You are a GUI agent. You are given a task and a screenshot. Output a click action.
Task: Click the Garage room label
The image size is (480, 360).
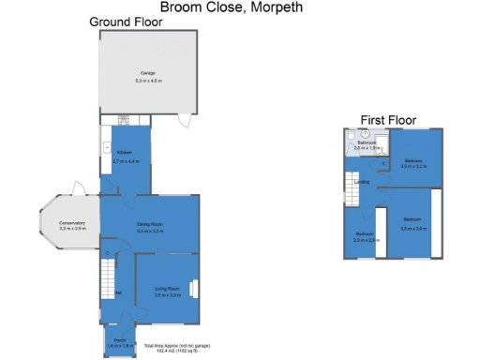click(x=148, y=72)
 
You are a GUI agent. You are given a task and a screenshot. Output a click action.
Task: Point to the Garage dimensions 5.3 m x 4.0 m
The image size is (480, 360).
click(x=148, y=81)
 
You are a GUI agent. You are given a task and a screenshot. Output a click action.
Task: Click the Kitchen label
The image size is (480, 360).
click(x=125, y=152)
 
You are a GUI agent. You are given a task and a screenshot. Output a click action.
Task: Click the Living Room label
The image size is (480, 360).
click(x=167, y=287)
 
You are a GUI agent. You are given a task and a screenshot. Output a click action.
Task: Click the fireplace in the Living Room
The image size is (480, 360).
click(x=194, y=289)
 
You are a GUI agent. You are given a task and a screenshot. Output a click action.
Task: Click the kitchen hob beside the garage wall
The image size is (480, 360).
click(x=123, y=119)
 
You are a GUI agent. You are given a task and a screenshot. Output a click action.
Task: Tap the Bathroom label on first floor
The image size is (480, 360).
click(x=366, y=142)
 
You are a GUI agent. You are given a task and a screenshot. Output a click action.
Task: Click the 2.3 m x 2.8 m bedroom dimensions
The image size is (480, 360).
click(x=366, y=241)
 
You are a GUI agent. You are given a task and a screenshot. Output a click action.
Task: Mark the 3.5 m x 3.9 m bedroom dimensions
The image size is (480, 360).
click(x=413, y=228)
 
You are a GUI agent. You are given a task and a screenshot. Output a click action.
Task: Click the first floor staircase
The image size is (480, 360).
click(x=351, y=192)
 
